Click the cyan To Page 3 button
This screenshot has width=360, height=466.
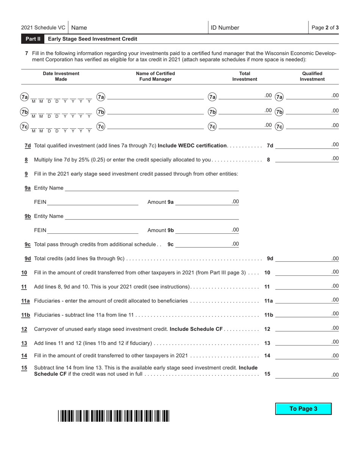[303, 409]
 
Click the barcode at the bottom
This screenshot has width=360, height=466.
[114, 416]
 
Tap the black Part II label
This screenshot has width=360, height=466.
[33, 39]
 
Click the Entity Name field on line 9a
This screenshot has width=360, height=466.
[152, 188]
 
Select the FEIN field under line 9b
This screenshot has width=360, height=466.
[93, 230]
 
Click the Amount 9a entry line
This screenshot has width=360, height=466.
[203, 202]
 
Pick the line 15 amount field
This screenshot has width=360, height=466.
[302, 374]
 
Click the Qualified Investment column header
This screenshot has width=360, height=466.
[312, 76]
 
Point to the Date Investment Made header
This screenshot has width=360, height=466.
[61, 76]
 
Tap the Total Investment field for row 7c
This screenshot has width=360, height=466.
[241, 127]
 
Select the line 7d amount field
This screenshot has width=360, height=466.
[302, 145]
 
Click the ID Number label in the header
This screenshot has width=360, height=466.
[225, 28]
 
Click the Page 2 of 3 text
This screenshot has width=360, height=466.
[325, 28]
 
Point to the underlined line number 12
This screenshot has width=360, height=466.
[24, 329]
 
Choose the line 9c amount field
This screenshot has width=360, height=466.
[203, 244]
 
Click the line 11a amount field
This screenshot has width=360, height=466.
[302, 301]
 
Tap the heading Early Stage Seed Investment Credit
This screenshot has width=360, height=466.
[92, 39]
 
